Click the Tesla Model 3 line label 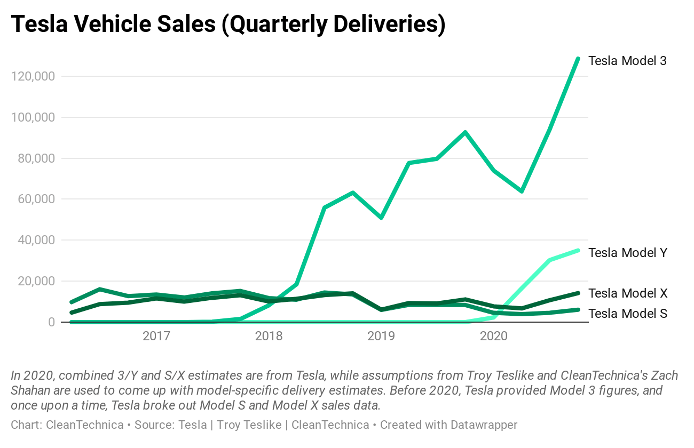pyautogui.click(x=627, y=61)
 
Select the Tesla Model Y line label pyautogui.click(x=627, y=253)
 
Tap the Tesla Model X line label pyautogui.click(x=627, y=293)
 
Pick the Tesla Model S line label pyautogui.click(x=627, y=314)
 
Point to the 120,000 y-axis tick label pyautogui.click(x=33, y=76)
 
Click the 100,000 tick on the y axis pyautogui.click(x=33, y=117)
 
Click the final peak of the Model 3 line pyautogui.click(x=578, y=59)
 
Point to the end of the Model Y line pyautogui.click(x=578, y=250)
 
